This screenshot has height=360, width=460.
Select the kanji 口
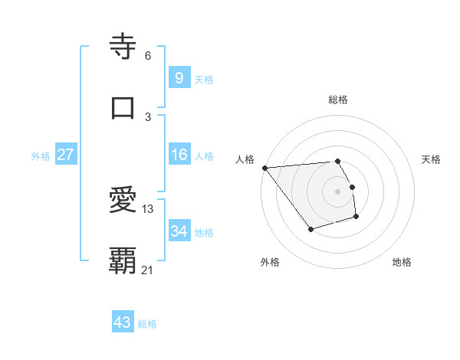[x=123, y=107]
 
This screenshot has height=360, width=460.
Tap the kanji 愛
[x=123, y=201]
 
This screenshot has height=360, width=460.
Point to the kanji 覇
[x=123, y=260]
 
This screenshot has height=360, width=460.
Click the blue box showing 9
[x=179, y=77]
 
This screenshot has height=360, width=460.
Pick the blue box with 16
[x=179, y=155]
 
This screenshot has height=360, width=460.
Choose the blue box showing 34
[x=179, y=231]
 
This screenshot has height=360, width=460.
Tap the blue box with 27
[x=66, y=155]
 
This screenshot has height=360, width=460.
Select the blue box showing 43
[x=123, y=322]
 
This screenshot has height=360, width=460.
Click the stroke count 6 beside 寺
[x=148, y=56]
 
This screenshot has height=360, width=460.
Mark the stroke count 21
[x=148, y=270]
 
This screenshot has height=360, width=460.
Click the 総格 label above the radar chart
[x=338, y=100]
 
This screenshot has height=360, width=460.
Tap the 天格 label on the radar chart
[x=432, y=159]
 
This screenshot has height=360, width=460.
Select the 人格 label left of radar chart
[x=245, y=159]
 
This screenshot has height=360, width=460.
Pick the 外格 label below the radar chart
[x=270, y=262]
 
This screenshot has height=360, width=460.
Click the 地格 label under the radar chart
[x=402, y=262]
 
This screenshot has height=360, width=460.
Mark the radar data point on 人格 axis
[x=264, y=167]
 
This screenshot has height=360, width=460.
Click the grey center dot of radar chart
[x=338, y=191]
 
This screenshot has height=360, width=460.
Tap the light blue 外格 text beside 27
[x=41, y=155]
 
